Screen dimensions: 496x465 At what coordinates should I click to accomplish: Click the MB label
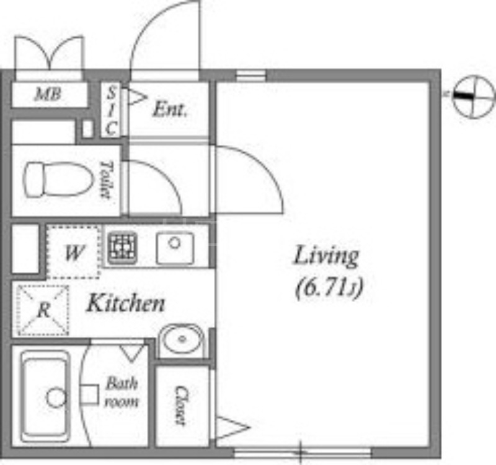[48, 94]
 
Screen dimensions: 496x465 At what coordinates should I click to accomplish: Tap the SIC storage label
[111, 111]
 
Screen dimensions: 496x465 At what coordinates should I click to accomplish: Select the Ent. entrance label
[169, 110]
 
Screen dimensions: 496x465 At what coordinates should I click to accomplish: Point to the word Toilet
[106, 180]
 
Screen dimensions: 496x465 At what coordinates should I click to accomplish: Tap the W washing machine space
[73, 252]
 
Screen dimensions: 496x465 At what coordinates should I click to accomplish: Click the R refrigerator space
[43, 310]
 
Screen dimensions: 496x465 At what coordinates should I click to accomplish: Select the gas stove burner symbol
[122, 248]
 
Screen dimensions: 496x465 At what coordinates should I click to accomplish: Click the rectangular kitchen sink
[175, 248]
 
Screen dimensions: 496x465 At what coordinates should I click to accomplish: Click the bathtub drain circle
[56, 398]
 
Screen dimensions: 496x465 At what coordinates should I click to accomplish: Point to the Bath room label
[122, 393]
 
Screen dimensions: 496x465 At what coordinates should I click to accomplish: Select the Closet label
[181, 406]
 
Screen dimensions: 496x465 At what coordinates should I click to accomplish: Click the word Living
[327, 257]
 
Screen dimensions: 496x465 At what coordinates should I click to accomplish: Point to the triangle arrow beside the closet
[232, 428]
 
